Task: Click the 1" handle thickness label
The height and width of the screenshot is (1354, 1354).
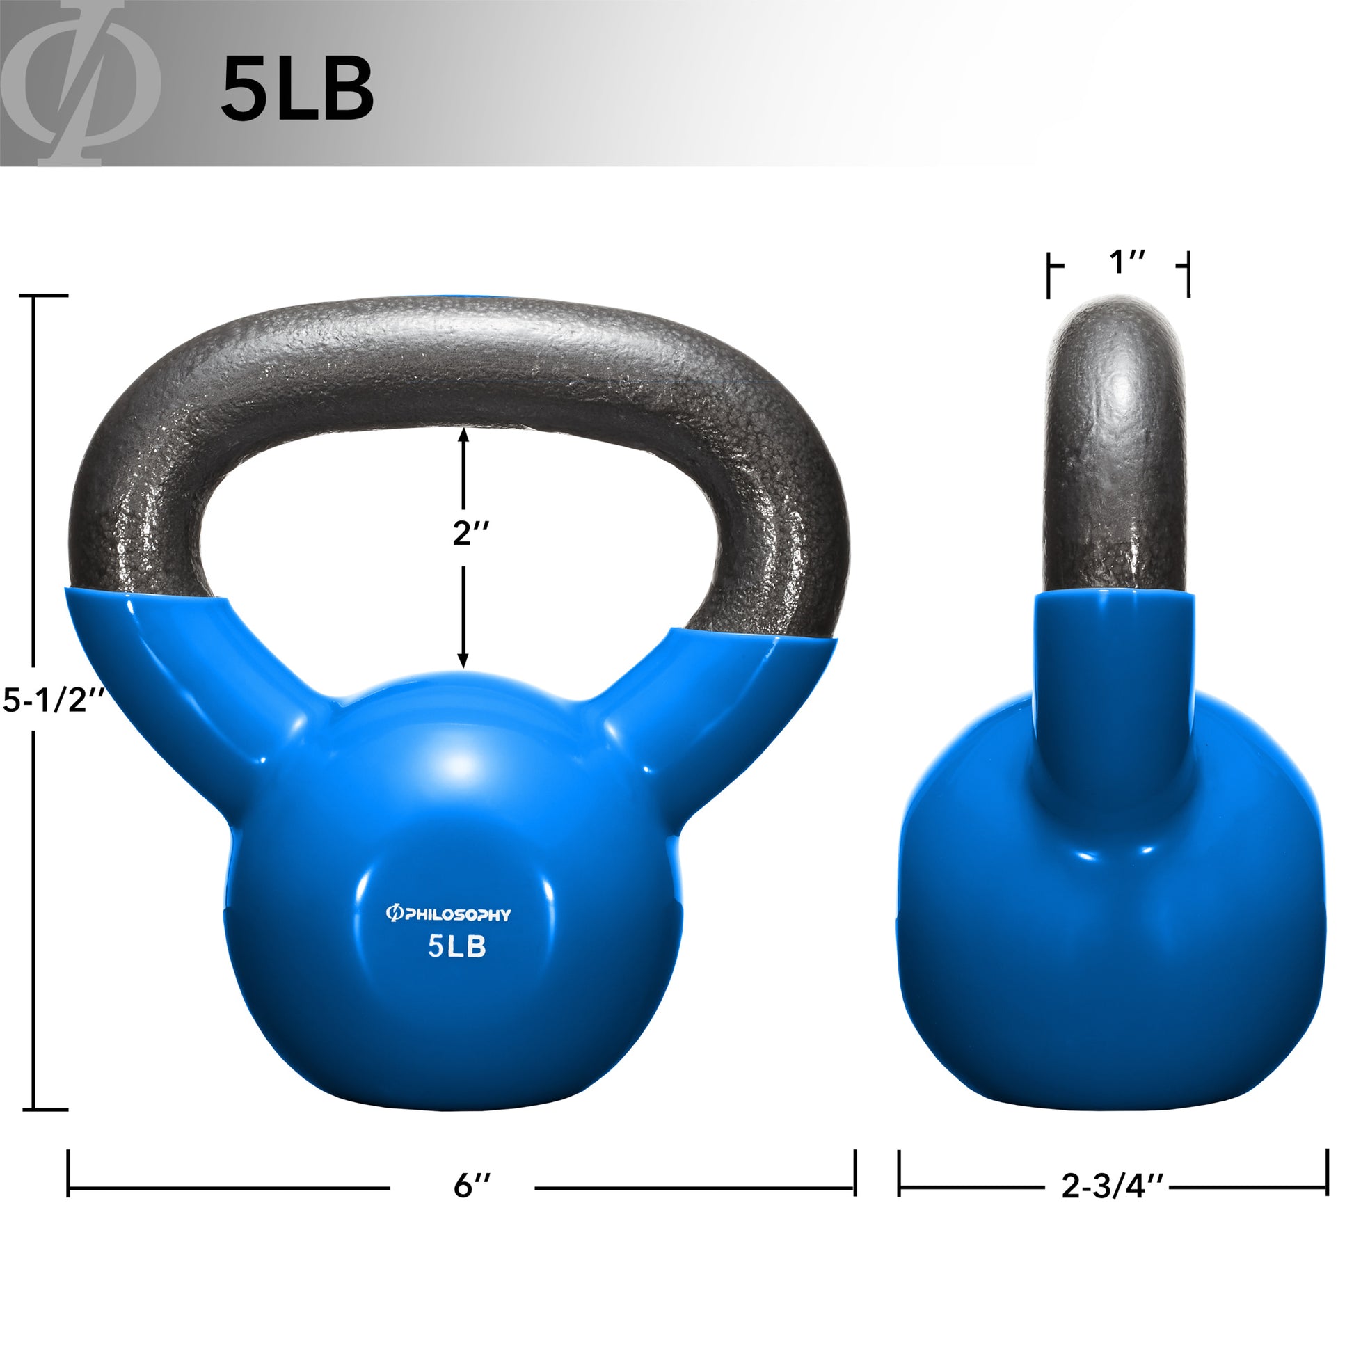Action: pos(1127,263)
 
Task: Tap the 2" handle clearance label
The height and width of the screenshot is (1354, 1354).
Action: pos(470,534)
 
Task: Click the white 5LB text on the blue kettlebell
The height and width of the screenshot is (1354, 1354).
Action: pos(457,948)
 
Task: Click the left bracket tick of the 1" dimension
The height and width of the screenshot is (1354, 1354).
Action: pos(1049,275)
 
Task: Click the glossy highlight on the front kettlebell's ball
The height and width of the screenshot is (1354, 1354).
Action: pos(459,767)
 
